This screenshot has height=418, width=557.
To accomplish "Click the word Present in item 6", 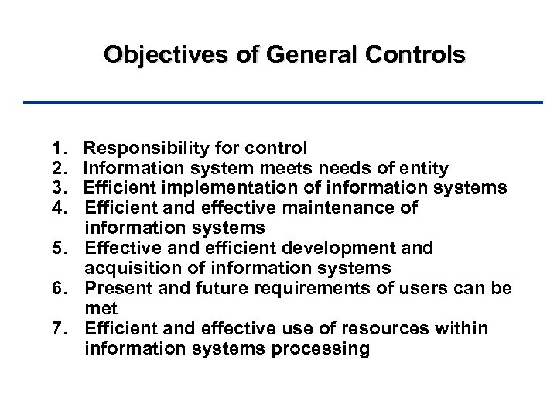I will tap(118, 289).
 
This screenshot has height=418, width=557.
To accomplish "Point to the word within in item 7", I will tap(460, 329).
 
